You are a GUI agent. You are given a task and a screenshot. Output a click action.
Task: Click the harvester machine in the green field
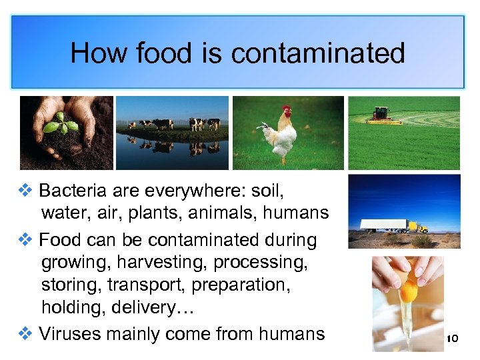[x=385, y=116]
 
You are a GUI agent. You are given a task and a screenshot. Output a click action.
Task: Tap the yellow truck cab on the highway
[x=419, y=227]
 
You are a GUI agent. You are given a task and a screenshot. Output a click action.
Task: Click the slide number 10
[x=452, y=339]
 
